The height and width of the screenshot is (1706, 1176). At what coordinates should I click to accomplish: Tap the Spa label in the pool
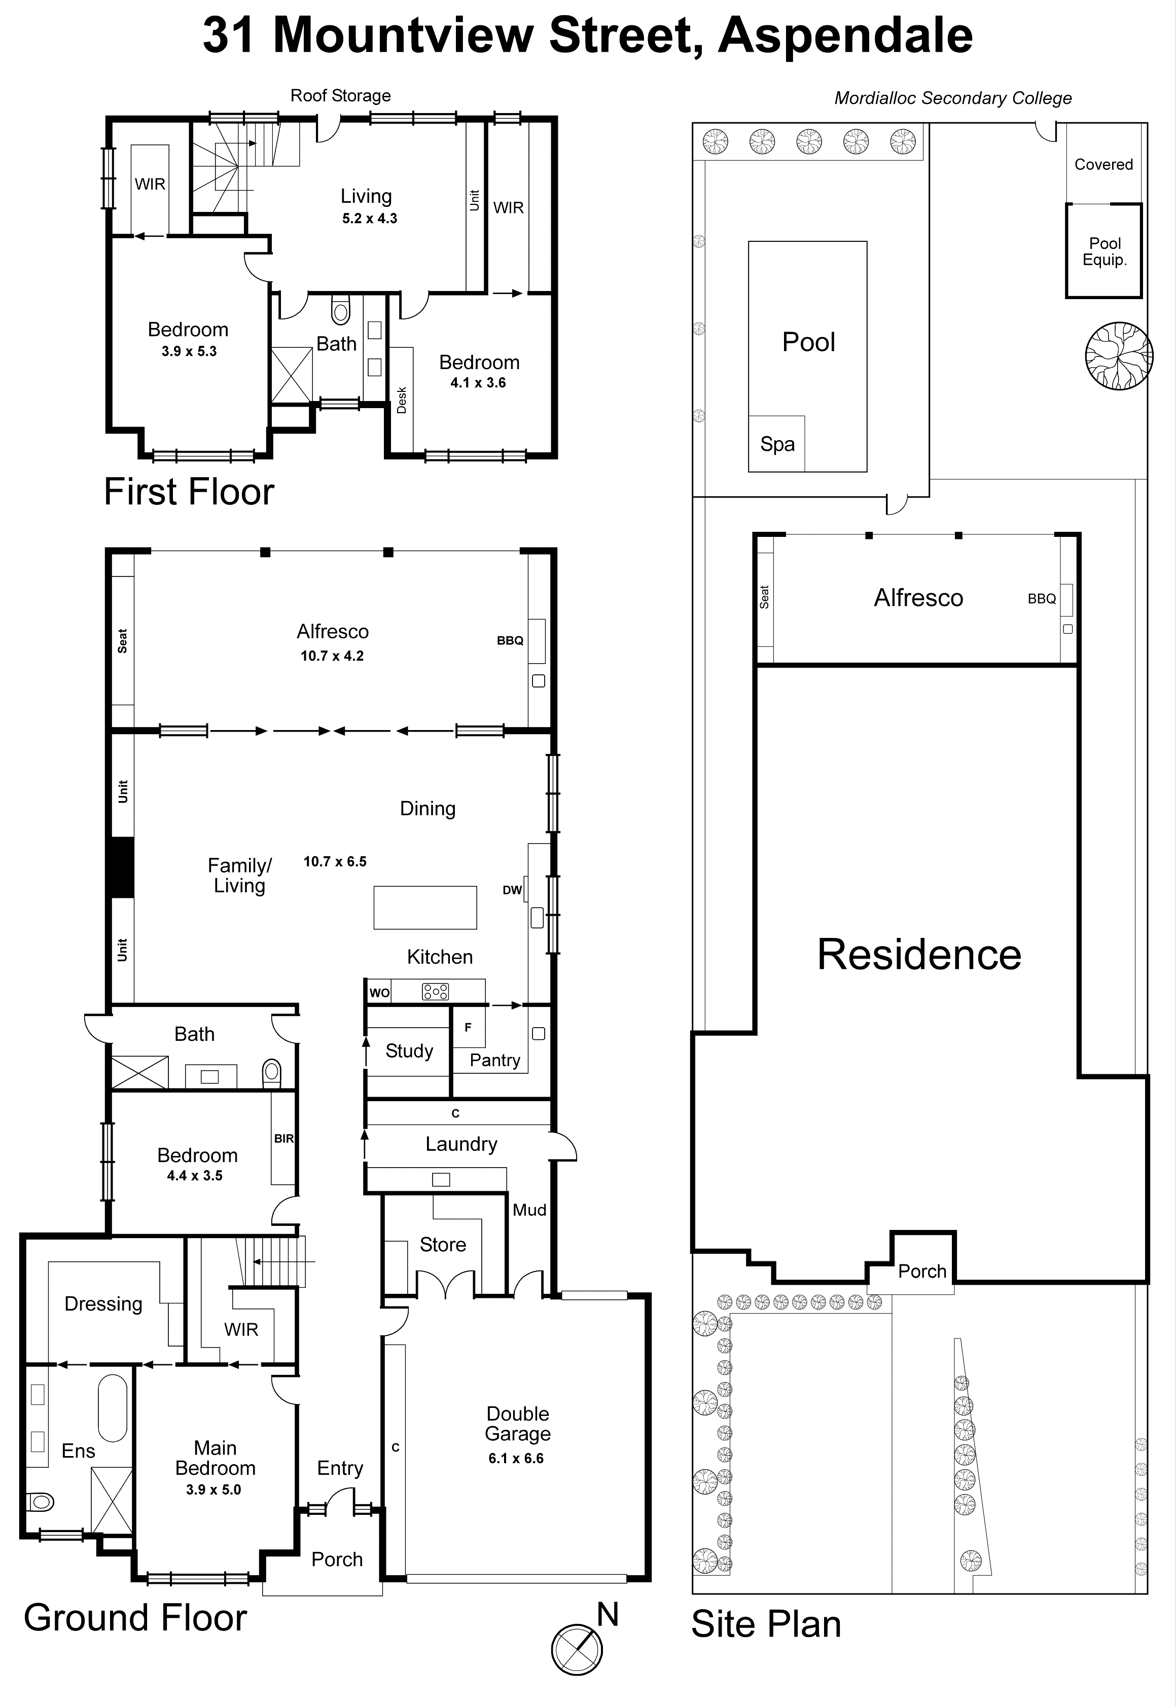pos(777,444)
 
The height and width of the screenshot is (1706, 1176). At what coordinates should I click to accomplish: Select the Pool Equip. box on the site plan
pos(1104,251)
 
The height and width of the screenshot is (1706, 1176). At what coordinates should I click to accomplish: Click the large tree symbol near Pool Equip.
pos(1119,356)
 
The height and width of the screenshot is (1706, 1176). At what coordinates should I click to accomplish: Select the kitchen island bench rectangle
pos(425,908)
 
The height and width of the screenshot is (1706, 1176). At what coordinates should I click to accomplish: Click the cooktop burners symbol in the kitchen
pos(435,992)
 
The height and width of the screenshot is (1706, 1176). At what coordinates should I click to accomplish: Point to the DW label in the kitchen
pos(512,890)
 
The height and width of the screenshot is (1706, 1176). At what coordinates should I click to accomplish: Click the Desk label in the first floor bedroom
pos(402,400)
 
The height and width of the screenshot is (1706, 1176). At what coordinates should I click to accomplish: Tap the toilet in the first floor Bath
pos(340,311)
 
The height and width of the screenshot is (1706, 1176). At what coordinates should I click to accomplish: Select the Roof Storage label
pos(340,96)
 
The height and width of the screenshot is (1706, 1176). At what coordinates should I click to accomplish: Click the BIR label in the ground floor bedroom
pos(283,1138)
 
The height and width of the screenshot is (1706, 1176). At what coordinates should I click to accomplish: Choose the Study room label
pos(409,1051)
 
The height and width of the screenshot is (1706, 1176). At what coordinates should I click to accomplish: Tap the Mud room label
pos(529,1210)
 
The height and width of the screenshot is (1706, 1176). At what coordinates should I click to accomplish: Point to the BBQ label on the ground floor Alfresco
pos(510,640)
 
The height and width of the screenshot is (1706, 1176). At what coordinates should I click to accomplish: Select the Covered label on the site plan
pos(1103,164)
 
